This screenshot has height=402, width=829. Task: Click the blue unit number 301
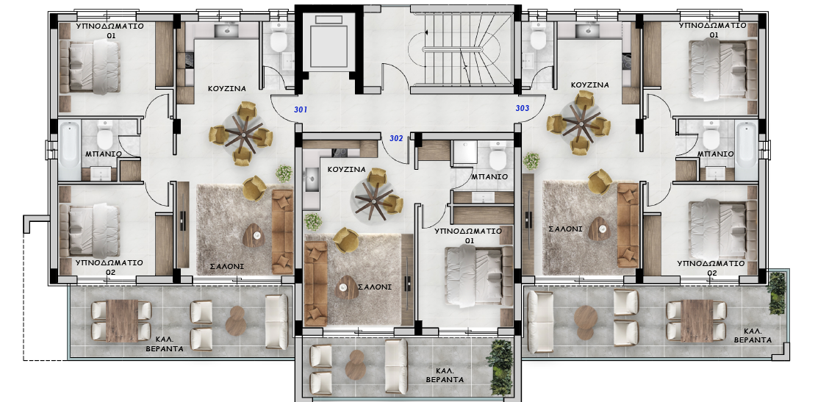click(301, 110)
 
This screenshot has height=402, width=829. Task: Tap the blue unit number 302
click(396, 139)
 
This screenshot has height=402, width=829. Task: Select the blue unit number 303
click(522, 109)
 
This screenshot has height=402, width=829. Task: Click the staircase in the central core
click(462, 50)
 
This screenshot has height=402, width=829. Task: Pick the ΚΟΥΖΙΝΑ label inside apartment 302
click(346, 170)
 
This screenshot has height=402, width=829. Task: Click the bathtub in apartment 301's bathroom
click(69, 150)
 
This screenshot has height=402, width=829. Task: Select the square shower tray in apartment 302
click(464, 152)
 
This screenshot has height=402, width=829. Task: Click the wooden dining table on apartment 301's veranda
click(121, 320)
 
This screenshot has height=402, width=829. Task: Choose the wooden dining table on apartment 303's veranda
click(697, 320)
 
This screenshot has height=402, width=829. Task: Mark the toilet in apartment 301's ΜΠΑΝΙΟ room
click(104, 137)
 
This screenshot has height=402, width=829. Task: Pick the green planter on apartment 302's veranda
click(500, 366)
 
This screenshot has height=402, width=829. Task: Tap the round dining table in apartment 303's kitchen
click(581, 122)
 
